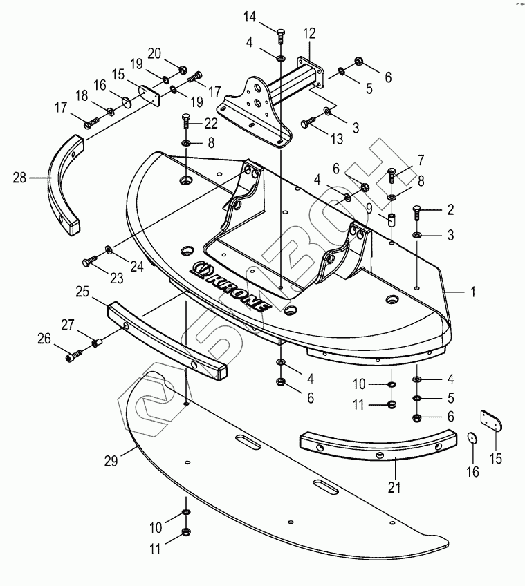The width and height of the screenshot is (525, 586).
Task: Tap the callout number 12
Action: tap(308, 32)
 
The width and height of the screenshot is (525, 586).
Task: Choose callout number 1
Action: tap(473, 292)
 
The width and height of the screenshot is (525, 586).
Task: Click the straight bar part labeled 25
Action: tap(166, 334)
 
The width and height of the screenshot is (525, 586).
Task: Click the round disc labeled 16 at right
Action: tap(472, 439)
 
